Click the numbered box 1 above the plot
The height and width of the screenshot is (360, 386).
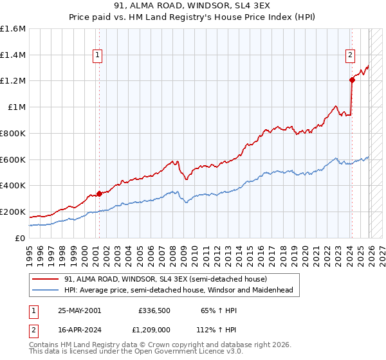[97, 56]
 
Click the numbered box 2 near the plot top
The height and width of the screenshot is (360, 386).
[351, 56]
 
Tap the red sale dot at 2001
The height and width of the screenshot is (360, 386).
[99, 194]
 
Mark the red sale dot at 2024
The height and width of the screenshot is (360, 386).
[352, 80]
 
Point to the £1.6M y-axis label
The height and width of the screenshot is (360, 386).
[13, 29]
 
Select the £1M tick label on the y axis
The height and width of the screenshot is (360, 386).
[16, 107]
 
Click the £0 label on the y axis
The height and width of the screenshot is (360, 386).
[19, 238]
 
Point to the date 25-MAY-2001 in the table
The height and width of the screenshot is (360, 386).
[79, 310]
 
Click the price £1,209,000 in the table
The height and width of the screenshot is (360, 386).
[155, 332]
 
